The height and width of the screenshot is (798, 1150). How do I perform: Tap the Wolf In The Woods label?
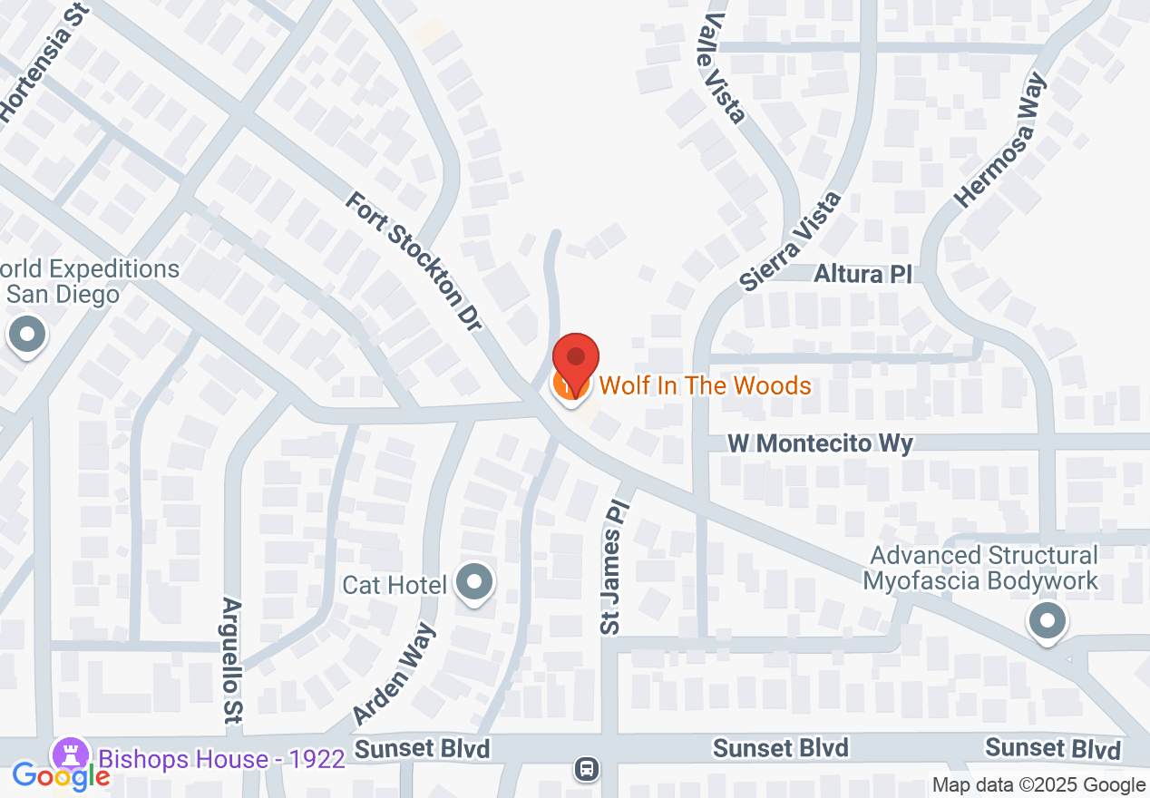point(706,385)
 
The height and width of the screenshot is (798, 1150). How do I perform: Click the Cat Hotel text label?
point(395,585)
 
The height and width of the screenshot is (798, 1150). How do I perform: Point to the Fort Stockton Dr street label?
point(413,261)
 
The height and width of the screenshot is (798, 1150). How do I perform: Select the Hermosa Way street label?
point(1000,141)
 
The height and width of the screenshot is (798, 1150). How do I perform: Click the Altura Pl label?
point(862,273)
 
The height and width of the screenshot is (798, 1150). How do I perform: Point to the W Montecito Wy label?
point(821,443)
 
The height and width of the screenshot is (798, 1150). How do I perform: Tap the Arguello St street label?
point(233,660)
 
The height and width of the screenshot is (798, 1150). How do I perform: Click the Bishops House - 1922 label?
point(221,758)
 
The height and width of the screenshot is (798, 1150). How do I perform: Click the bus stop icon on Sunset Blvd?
point(586,770)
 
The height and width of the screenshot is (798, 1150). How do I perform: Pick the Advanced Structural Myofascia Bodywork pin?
point(1048,622)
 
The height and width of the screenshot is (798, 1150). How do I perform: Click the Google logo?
point(61,776)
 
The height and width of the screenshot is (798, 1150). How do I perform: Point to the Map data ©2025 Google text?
point(1038,785)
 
